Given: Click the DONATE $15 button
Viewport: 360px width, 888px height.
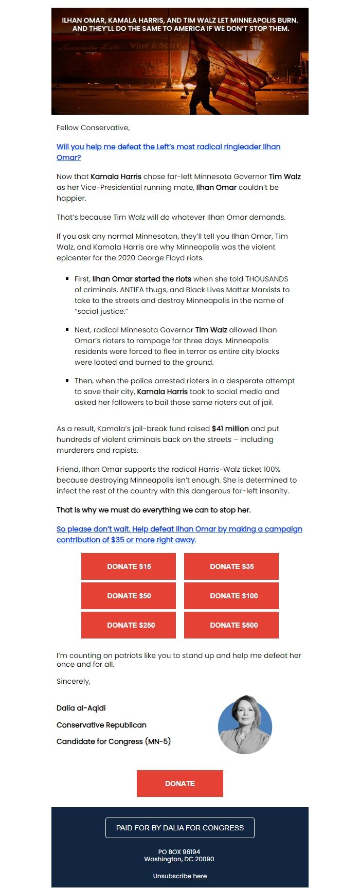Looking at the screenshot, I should (129, 566).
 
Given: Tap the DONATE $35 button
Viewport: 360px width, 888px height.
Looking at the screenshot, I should (231, 566).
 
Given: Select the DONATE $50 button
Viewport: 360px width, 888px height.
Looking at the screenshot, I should (129, 596).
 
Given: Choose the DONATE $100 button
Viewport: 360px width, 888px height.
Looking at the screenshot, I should (231, 596).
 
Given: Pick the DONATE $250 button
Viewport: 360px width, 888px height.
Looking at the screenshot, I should (129, 625).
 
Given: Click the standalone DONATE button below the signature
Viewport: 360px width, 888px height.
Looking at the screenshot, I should (180, 784).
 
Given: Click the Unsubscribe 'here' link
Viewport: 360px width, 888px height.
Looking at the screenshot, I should (200, 876).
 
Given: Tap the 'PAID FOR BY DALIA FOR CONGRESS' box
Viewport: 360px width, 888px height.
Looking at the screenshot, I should (180, 828).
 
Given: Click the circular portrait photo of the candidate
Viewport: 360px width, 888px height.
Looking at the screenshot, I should (245, 725).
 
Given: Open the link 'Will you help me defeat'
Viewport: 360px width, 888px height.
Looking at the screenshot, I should (168, 147).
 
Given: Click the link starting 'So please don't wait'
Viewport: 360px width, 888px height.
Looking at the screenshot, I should (179, 529).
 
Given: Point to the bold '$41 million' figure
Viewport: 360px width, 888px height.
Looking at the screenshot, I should (230, 429).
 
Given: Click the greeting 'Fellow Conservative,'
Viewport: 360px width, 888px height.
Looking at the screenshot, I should (93, 128).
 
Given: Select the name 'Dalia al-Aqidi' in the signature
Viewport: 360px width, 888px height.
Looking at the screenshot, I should (81, 708).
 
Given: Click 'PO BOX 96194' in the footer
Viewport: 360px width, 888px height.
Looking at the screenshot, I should (179, 852).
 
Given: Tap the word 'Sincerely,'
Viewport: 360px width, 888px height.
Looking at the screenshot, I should (74, 681).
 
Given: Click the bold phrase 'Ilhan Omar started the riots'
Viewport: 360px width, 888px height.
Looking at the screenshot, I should (141, 279).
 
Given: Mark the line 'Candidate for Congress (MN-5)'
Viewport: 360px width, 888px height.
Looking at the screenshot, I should (113, 741).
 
